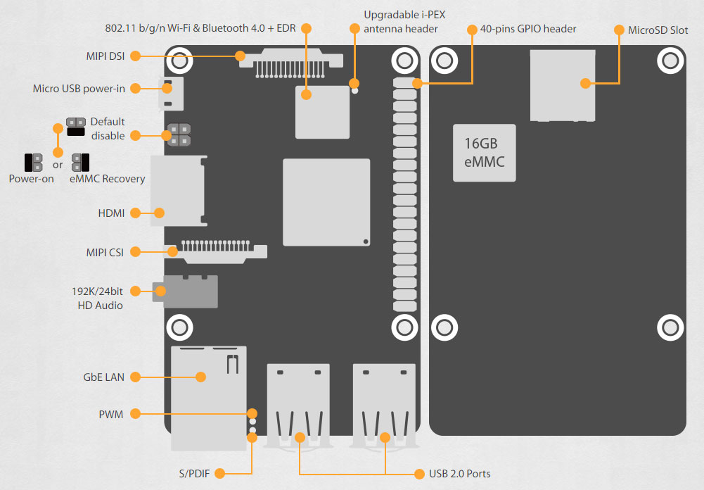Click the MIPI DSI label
105,56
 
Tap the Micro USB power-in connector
171,94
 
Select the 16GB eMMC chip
485,153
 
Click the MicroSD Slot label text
658,30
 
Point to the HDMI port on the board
178,191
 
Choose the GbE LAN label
103,377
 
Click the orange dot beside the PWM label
135,413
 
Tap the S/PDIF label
194,473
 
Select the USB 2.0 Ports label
460,474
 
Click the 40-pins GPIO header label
528,30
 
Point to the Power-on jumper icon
34,163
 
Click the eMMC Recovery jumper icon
81,163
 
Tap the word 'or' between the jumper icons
58,165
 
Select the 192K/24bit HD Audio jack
185,291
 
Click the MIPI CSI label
105,253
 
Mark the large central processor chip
326,202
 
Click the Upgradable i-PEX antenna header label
404,22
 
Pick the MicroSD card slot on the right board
563,85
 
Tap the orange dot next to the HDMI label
135,213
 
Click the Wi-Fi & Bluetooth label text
200,28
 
